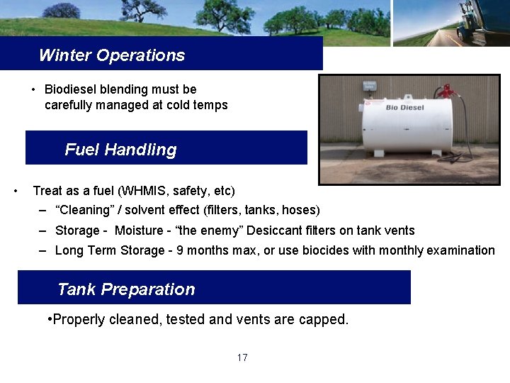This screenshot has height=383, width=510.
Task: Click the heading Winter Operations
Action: pos(112,55)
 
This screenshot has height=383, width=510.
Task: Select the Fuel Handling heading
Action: pos(120,150)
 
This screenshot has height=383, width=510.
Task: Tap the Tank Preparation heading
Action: pos(126,289)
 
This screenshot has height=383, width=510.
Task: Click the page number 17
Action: pos(242,357)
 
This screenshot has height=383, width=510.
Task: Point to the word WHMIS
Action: pos(140,191)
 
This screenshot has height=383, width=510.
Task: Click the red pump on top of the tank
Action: pos(446,91)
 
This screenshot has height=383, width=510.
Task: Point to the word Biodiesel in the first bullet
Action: pos(72,89)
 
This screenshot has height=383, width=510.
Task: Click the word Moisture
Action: pos(139,231)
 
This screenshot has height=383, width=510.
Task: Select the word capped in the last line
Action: pos(325,319)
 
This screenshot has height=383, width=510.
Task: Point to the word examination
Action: pos(461,250)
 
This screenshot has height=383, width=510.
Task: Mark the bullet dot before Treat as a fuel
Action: pos(16,191)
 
